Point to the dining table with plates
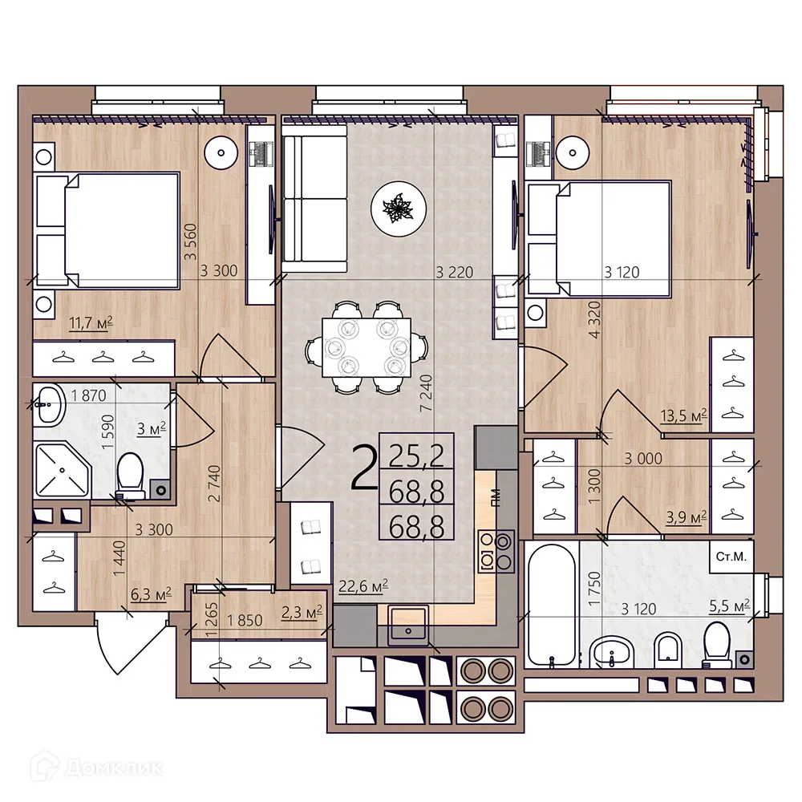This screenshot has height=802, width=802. (x=367, y=347)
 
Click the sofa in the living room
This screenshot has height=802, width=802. (x=315, y=198)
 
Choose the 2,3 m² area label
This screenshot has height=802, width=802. (x=302, y=613)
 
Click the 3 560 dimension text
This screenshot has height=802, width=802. (x=189, y=240)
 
